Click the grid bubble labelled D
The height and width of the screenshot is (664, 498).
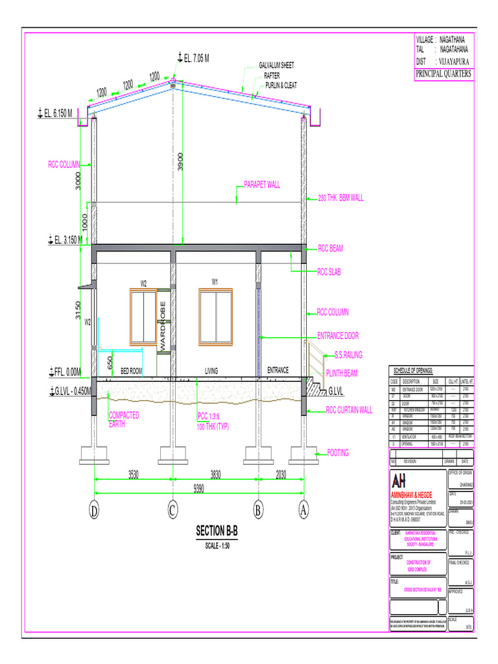click(x=95, y=511)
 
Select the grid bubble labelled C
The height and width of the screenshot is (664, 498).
click(x=172, y=511)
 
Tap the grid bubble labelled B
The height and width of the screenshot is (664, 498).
click(x=259, y=511)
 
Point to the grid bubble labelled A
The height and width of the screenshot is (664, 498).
click(x=303, y=511)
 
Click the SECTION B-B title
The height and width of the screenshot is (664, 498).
click(x=217, y=532)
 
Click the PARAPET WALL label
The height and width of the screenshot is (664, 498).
click(x=262, y=185)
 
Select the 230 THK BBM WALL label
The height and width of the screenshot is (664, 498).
click(x=341, y=197)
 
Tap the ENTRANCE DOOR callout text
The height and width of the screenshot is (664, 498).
click(x=338, y=336)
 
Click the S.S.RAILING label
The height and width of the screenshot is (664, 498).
click(x=348, y=355)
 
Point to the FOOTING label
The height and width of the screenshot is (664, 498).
click(x=338, y=453)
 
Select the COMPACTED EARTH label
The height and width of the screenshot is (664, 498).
click(x=124, y=420)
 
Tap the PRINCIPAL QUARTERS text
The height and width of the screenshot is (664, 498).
click(x=444, y=74)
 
